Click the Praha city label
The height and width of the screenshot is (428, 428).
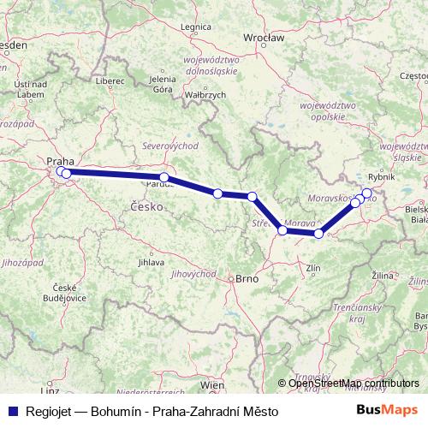[60, 160]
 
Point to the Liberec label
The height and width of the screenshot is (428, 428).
[110, 80]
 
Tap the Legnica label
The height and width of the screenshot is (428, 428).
[196, 27]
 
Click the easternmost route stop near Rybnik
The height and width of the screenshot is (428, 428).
[368, 193]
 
